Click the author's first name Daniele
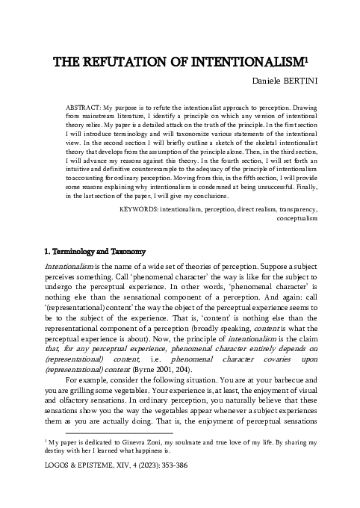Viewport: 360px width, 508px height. (x=263, y=80)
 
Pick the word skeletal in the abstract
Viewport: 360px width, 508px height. (x=276, y=138)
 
